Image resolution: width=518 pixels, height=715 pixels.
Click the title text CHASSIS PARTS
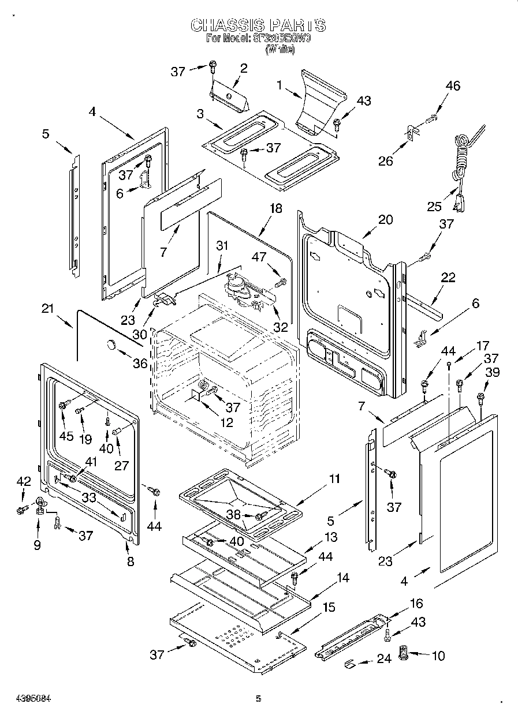click(258, 25)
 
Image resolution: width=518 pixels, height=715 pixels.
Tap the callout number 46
click(453, 86)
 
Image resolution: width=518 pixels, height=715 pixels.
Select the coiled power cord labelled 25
click(462, 167)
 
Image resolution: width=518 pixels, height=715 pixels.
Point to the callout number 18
click(276, 208)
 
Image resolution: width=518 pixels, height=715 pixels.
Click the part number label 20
click(385, 219)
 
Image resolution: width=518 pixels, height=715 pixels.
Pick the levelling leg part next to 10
click(404, 656)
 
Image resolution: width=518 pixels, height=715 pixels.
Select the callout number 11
click(334, 478)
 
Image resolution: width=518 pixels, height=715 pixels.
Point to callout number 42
click(23, 481)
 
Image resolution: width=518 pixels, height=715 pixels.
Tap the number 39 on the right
click(492, 373)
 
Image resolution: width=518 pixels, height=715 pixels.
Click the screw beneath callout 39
click(480, 397)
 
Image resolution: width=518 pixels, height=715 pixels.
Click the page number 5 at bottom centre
click(258, 699)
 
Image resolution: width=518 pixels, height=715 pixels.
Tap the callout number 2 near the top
click(243, 68)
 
